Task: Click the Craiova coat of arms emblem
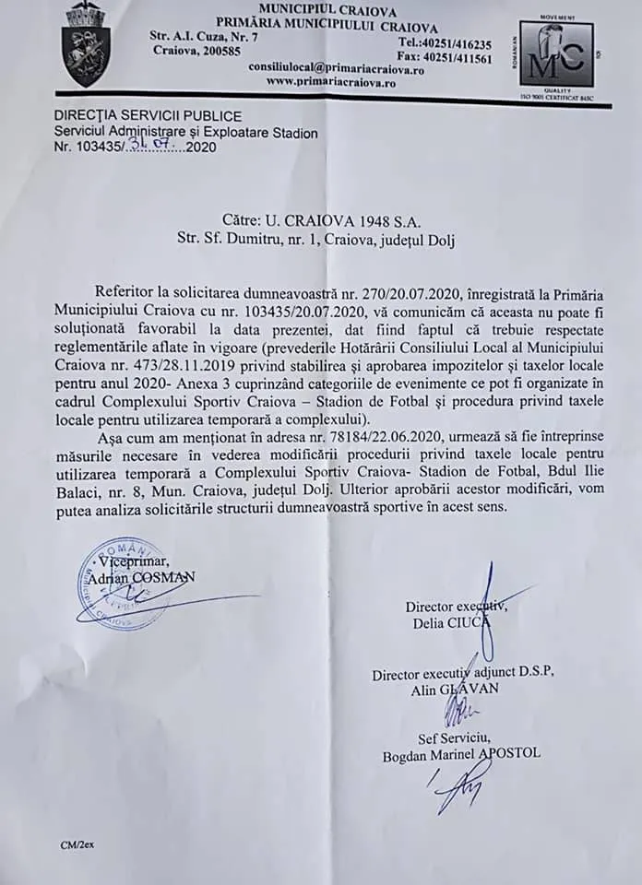click(x=86, y=45)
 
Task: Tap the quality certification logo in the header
click(x=555, y=56)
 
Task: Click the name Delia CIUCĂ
click(x=452, y=623)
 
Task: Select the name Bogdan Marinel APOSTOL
click(x=461, y=753)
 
